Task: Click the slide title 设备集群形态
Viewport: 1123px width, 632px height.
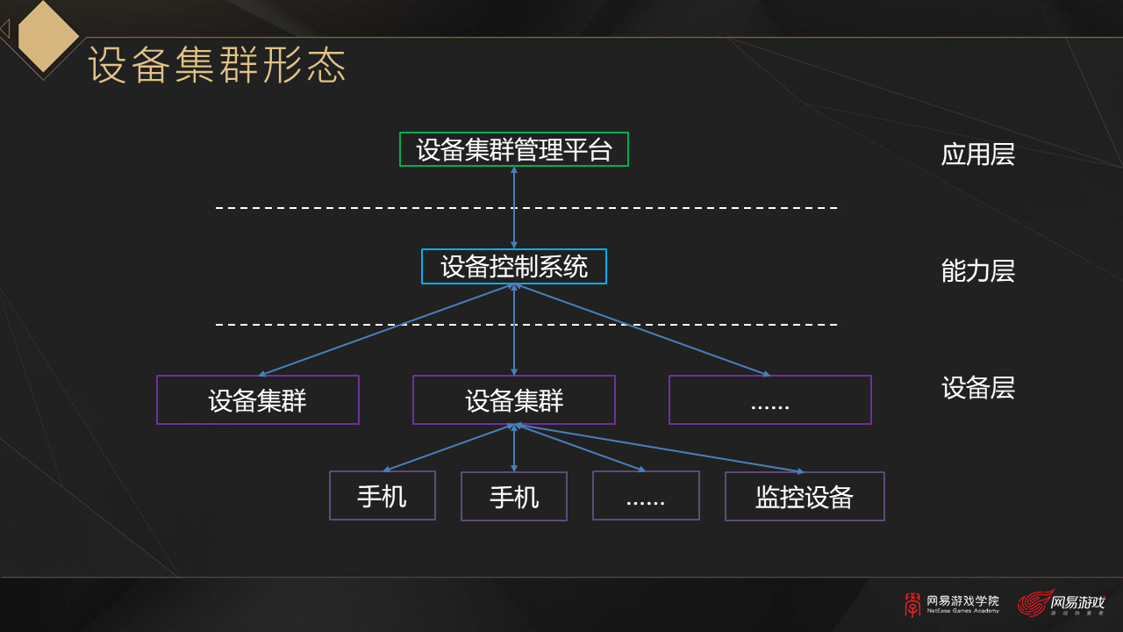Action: coord(218,66)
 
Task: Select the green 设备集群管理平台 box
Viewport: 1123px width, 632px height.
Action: coord(514,149)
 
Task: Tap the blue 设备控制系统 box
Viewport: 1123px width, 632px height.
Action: coord(514,267)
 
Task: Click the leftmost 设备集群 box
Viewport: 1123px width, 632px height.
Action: coord(258,400)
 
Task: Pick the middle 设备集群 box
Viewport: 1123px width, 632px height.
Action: coord(514,400)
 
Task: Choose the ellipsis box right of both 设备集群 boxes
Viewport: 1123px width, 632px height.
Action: coord(770,400)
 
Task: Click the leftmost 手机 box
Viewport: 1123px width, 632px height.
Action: coord(383,496)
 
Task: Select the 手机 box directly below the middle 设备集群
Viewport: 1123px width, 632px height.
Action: coord(514,497)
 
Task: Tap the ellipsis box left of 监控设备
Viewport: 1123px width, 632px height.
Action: coord(646,496)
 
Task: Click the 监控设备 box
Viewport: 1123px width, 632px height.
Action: coord(805,497)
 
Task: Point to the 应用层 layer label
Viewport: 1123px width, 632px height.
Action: coord(977,154)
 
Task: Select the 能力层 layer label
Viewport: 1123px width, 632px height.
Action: coord(977,271)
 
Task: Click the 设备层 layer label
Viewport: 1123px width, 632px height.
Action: coord(977,388)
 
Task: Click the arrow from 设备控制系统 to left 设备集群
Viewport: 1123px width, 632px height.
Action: coord(386,329)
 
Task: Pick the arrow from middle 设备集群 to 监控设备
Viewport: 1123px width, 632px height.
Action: coord(658,449)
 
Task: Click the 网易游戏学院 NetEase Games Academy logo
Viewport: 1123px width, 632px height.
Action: coord(952,604)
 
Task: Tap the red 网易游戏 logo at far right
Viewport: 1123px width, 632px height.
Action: coord(1061,604)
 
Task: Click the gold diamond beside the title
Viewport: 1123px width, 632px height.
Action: coord(48,36)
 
